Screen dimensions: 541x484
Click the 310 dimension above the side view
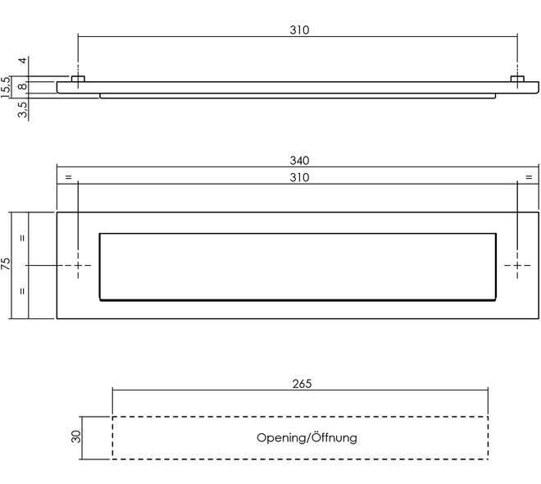click(x=299, y=30)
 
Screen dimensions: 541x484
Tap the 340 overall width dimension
click(x=299, y=161)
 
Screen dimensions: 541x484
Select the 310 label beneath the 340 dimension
click(x=299, y=177)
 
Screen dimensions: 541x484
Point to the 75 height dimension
click(x=6, y=263)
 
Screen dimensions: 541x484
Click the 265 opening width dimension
click(x=302, y=384)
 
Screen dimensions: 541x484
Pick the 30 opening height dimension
click(x=76, y=436)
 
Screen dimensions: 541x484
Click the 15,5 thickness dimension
click(x=6, y=87)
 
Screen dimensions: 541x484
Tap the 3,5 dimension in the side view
click(x=22, y=109)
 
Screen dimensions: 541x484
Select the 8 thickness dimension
click(x=22, y=86)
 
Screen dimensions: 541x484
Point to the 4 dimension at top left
click(x=22, y=61)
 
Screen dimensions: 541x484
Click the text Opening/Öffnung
click(x=307, y=438)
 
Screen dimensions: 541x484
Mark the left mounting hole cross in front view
click(x=78, y=265)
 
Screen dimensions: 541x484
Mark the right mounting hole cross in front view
click(x=517, y=265)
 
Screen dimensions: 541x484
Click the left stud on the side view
click(x=78, y=79)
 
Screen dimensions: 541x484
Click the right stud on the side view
click(x=517, y=79)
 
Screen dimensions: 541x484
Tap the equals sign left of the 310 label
click(x=68, y=177)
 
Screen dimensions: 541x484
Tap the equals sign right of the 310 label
click(x=529, y=177)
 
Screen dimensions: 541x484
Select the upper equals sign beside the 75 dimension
click(x=22, y=238)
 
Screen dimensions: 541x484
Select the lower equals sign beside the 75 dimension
click(x=22, y=290)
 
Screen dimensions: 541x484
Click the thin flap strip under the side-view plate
click(x=298, y=96)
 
